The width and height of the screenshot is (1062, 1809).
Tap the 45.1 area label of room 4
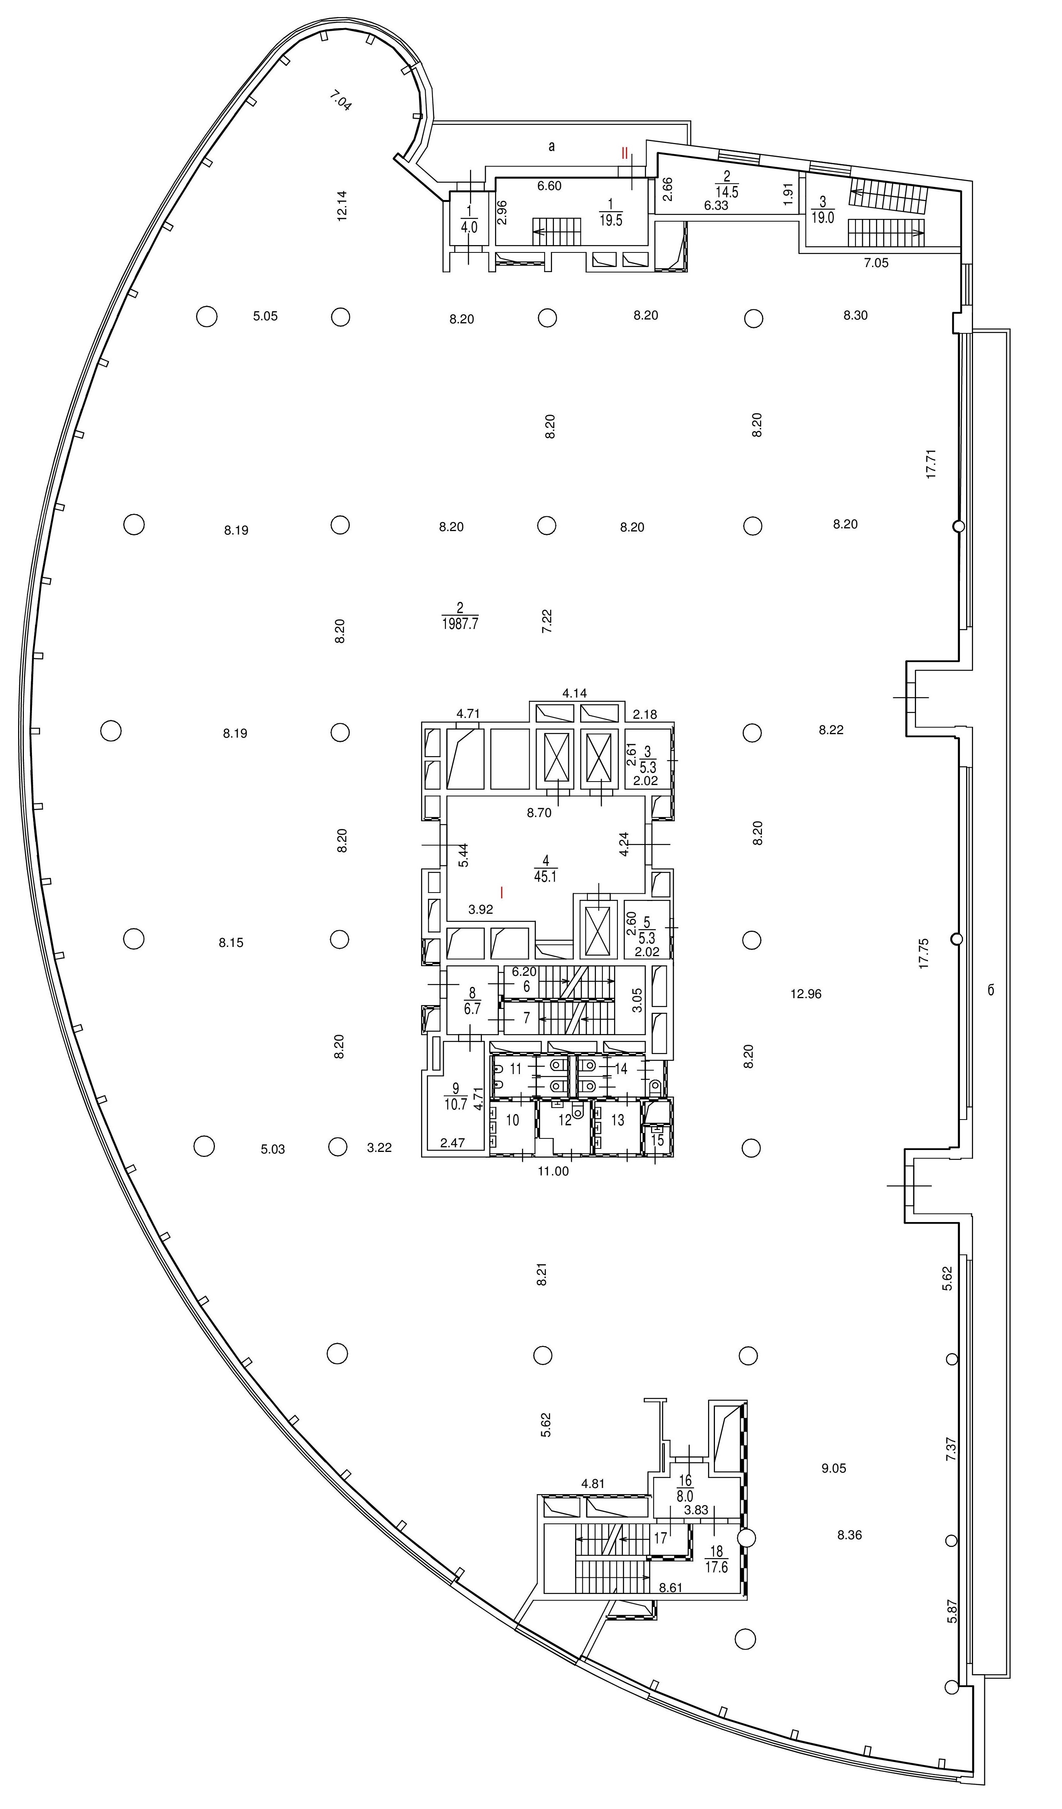point(545,876)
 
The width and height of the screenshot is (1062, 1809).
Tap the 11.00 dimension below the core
point(553,1171)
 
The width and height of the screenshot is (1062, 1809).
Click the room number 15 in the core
point(657,1139)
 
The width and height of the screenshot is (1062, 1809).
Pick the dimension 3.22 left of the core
point(379,1148)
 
